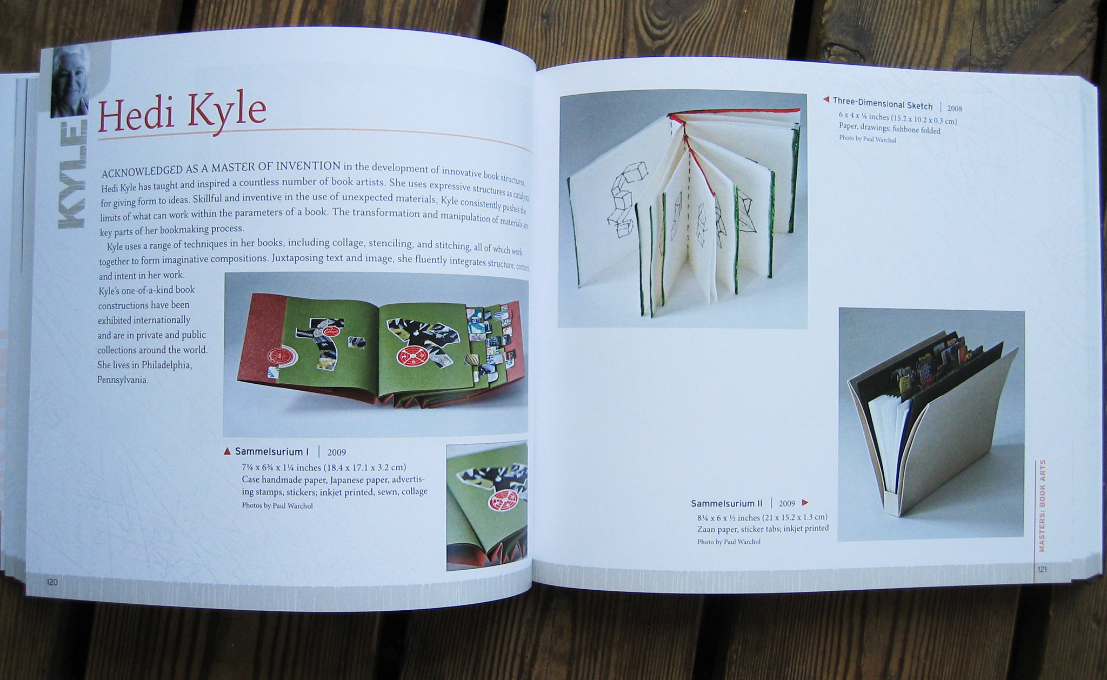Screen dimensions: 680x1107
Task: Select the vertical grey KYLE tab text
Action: [71, 176]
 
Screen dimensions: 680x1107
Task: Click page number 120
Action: [52, 582]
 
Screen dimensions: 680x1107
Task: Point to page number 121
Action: [1042, 569]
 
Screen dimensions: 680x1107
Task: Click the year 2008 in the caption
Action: [955, 108]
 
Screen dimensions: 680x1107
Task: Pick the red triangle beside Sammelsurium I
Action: [228, 451]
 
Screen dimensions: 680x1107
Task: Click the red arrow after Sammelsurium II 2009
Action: [805, 503]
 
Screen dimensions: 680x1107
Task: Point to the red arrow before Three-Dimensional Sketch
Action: [826, 99]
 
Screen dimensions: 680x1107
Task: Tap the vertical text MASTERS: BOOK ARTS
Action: [1042, 505]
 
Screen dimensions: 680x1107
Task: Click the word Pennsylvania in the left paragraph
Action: [123, 379]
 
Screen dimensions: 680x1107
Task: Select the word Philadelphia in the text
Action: [166, 365]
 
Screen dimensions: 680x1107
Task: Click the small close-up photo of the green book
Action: [487, 507]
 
